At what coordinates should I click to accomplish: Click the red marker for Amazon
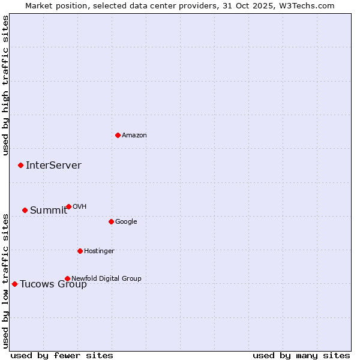(118, 135)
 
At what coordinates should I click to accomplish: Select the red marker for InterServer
(20, 165)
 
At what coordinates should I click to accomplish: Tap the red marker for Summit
(25, 210)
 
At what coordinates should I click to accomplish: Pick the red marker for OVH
(68, 206)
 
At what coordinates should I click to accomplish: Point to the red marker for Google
(111, 221)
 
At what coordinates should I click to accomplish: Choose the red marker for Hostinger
(80, 251)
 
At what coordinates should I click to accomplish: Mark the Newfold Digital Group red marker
(67, 278)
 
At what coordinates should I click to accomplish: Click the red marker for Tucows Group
(14, 284)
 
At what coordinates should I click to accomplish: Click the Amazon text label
(134, 136)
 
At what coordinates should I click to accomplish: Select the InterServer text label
(53, 166)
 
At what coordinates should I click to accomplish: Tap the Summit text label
(49, 211)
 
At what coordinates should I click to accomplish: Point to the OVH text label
(80, 207)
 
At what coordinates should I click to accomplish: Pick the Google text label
(126, 222)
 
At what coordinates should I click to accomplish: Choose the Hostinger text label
(99, 251)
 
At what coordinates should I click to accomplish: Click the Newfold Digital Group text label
(106, 279)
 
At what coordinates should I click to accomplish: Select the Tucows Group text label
(53, 284)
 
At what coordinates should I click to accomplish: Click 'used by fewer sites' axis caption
(62, 355)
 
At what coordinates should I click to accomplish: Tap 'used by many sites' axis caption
(301, 355)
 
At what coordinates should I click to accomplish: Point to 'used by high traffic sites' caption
(5, 85)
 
